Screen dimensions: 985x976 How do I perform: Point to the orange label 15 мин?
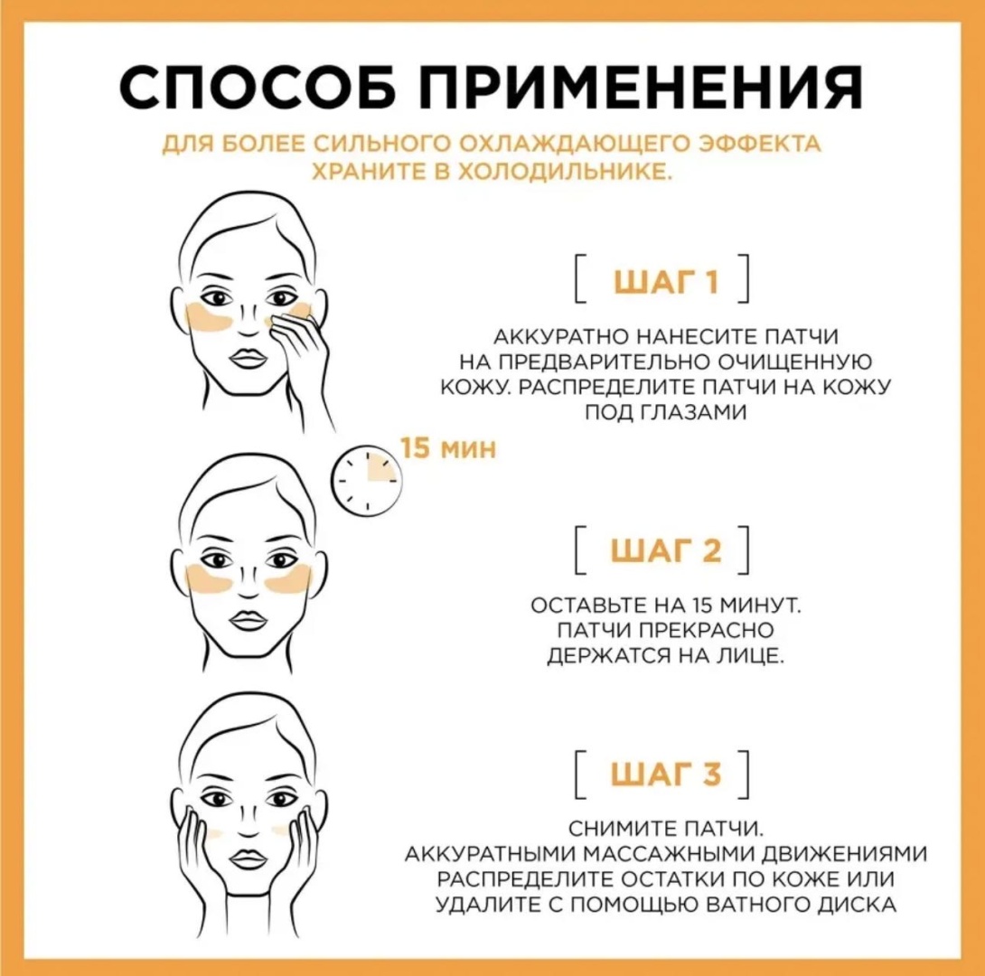(x=448, y=448)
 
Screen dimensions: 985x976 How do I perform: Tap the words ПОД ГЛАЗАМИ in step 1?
(x=666, y=412)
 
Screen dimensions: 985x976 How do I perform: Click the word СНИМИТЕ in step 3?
(x=623, y=829)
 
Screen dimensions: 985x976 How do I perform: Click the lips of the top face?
(x=249, y=359)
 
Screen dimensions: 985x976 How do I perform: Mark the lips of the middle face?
(x=249, y=621)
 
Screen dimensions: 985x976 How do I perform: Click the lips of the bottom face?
(x=249, y=859)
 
